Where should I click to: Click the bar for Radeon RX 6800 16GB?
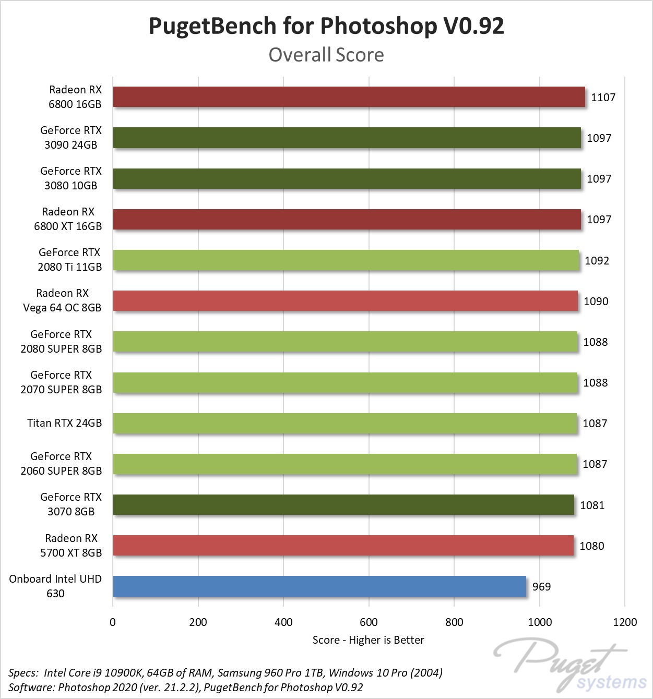[349, 97]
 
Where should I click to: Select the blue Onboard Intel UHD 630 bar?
[319, 586]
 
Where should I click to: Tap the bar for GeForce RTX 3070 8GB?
[343, 505]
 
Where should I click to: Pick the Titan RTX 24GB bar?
[345, 423]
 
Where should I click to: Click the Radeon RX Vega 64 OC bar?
[345, 301]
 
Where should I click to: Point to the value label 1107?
[603, 98]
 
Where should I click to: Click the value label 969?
[541, 587]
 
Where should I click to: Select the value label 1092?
[597, 261]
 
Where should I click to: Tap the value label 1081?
[592, 505]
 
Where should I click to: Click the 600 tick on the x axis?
[369, 622]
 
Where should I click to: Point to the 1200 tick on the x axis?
[625, 622]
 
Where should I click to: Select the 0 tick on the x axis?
[113, 622]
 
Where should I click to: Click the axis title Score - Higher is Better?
[368, 640]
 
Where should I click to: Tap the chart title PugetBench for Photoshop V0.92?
[326, 26]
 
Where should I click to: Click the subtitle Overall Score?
[326, 55]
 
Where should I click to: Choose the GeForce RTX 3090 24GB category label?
[70, 138]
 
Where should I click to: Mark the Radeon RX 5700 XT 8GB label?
[71, 546]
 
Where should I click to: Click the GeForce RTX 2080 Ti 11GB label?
[69, 260]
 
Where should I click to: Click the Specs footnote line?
[225, 673]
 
